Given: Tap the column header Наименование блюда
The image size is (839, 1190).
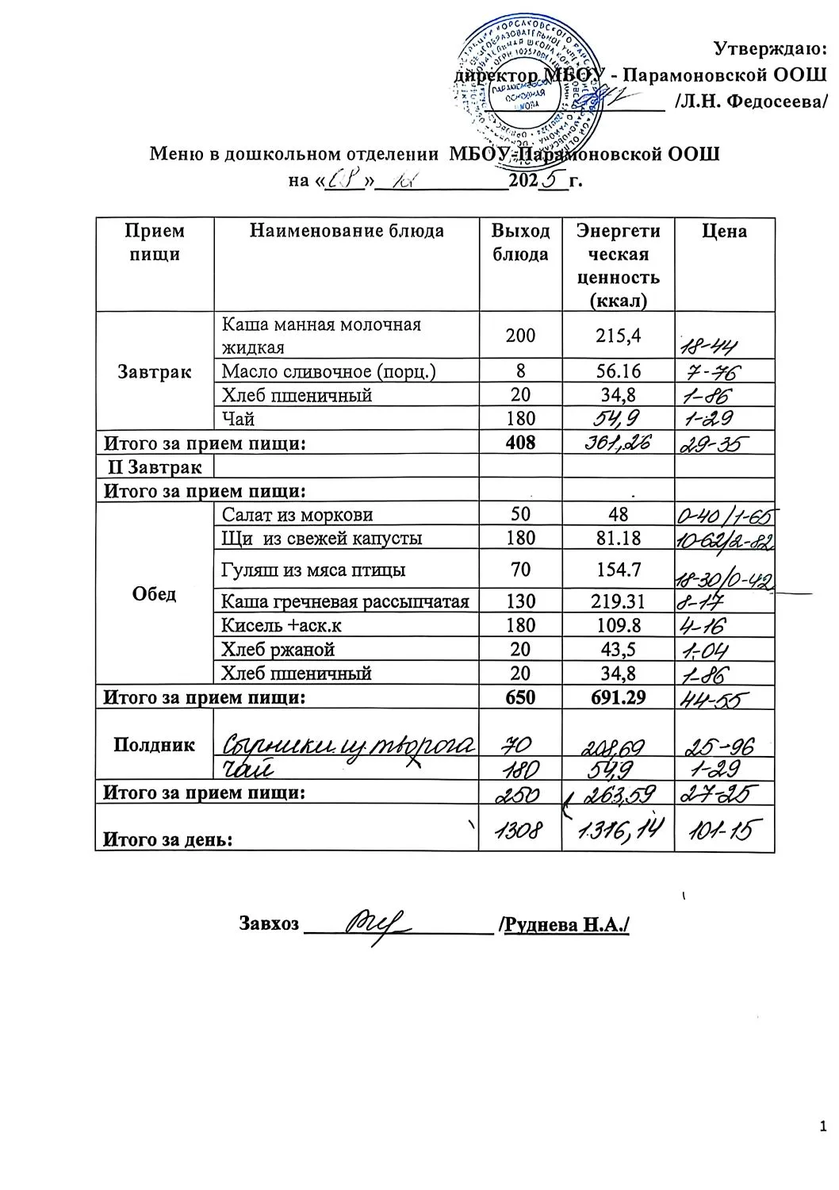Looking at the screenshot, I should [347, 231].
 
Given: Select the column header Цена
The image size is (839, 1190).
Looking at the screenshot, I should [724, 231].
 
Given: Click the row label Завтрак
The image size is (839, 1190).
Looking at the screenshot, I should [154, 370].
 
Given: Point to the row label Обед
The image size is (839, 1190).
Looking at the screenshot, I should [154, 594].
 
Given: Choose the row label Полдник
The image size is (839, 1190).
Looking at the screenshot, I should [154, 745].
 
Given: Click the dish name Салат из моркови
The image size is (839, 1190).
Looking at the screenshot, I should [297, 515].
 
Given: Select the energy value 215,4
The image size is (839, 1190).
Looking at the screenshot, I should [618, 335].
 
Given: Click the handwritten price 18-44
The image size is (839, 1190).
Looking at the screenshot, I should [713, 344].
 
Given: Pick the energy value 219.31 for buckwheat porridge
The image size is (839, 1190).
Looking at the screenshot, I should [618, 601].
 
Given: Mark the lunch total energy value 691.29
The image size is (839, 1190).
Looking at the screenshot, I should [618, 697].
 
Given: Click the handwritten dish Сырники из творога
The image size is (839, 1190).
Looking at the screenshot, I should [347, 745].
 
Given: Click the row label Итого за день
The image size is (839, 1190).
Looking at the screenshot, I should [164, 839].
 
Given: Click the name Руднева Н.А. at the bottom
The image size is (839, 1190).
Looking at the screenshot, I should [566, 924].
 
